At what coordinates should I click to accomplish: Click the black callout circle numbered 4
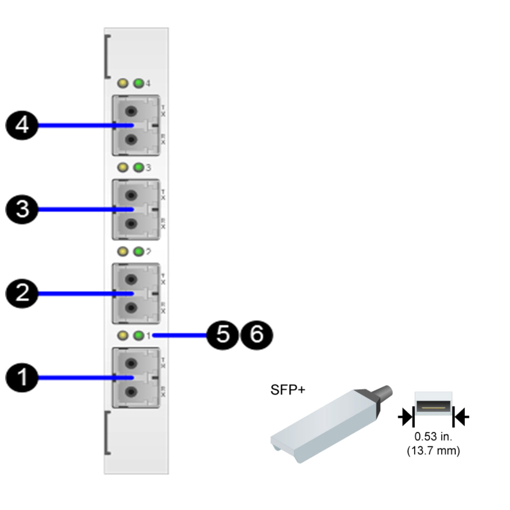21,126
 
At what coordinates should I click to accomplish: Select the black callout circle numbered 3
21,210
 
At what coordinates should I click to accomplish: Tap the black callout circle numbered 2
21,294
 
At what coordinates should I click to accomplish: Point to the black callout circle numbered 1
21,378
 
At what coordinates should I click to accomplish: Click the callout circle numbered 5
223,336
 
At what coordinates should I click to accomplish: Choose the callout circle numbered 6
256,336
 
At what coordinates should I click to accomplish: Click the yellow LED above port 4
123,84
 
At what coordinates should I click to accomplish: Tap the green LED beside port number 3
138,168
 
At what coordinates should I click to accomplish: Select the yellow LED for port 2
123,252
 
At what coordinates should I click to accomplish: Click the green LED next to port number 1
138,336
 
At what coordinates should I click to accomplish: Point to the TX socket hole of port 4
132,111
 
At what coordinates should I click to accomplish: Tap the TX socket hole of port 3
132,195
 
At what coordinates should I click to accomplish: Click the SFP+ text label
288,390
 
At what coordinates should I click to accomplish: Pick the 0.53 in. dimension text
433,437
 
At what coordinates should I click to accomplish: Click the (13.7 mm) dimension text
433,450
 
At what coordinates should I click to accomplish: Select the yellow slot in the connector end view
433,406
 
